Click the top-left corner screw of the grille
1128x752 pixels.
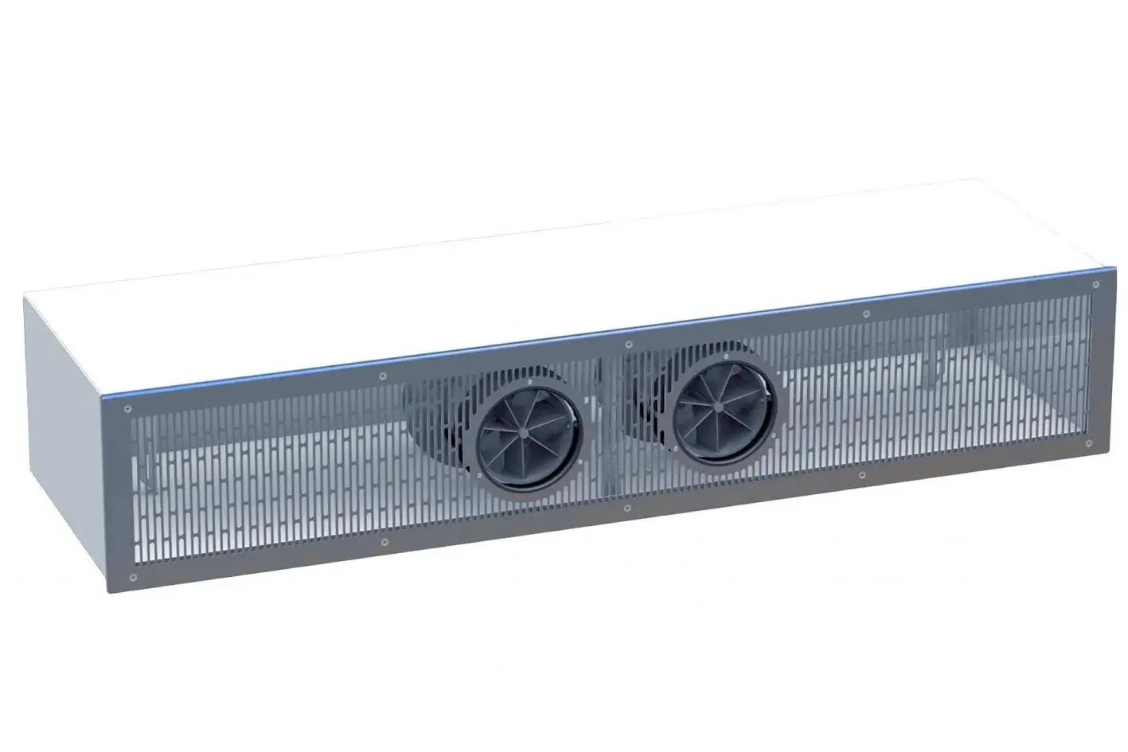(x=127, y=409)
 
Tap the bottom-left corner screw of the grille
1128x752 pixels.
(x=133, y=575)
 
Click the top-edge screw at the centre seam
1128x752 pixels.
(x=629, y=343)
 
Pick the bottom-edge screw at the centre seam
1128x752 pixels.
(x=627, y=507)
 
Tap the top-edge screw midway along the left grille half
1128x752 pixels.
(x=383, y=376)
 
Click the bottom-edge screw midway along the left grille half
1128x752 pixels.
(x=385, y=542)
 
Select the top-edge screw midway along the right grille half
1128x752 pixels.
(x=866, y=314)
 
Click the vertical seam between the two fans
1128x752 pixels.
(x=609, y=430)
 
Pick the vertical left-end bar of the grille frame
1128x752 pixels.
(x=129, y=493)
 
